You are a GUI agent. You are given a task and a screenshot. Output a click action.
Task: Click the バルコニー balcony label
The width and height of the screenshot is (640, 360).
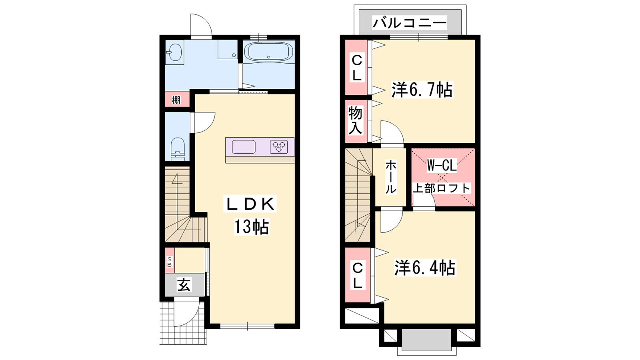point(410,23)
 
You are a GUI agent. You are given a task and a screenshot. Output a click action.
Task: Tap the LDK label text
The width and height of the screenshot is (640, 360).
point(250,204)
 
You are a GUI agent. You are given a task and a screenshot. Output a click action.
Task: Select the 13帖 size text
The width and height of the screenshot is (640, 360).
point(252,226)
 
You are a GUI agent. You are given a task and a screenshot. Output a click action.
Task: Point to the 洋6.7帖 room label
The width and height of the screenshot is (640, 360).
point(422,90)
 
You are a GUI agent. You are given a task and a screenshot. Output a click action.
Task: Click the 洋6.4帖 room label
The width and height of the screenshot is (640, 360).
point(425,268)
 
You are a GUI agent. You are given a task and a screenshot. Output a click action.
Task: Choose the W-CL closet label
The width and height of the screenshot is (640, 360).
point(442,165)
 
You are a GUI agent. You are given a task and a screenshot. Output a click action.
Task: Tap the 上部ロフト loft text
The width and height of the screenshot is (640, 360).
point(442,188)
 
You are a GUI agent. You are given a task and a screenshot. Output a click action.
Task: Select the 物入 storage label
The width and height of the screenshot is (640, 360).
point(355,120)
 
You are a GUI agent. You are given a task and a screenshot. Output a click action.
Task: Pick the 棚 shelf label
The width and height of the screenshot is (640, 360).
point(176,100)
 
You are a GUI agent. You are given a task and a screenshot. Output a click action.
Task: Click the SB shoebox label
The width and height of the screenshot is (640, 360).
point(169,262)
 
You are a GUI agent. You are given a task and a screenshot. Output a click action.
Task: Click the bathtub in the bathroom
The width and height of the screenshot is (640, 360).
point(268,52)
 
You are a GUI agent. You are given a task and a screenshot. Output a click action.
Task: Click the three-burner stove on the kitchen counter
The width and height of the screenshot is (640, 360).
point(279,147)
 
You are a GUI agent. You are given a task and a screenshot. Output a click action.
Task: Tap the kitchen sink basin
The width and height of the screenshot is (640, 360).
point(244,147)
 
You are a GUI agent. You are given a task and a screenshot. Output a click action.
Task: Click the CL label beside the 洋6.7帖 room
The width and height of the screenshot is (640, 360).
point(356,68)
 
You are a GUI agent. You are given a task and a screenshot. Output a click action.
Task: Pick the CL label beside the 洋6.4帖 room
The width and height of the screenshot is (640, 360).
point(358,276)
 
